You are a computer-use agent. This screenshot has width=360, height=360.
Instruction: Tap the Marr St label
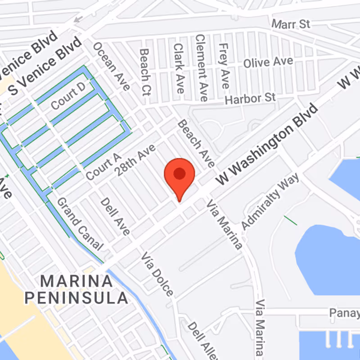pyautogui.click(x=292, y=23)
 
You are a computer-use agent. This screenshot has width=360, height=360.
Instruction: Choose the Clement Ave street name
pyautogui.click(x=201, y=67)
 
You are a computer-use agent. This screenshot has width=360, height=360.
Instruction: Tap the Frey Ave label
pyautogui.click(x=223, y=66)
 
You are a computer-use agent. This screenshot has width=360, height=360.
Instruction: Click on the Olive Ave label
pyautogui.click(x=268, y=62)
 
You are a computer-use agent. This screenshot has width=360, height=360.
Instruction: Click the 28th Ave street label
pyautogui.click(x=135, y=160)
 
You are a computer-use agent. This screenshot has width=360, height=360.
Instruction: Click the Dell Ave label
pyautogui.click(x=115, y=216)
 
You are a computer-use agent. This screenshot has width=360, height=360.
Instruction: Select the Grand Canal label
pyautogui.click(x=79, y=224)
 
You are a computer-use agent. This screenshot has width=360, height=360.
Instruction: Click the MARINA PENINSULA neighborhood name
pyautogui.click(x=76, y=289)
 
